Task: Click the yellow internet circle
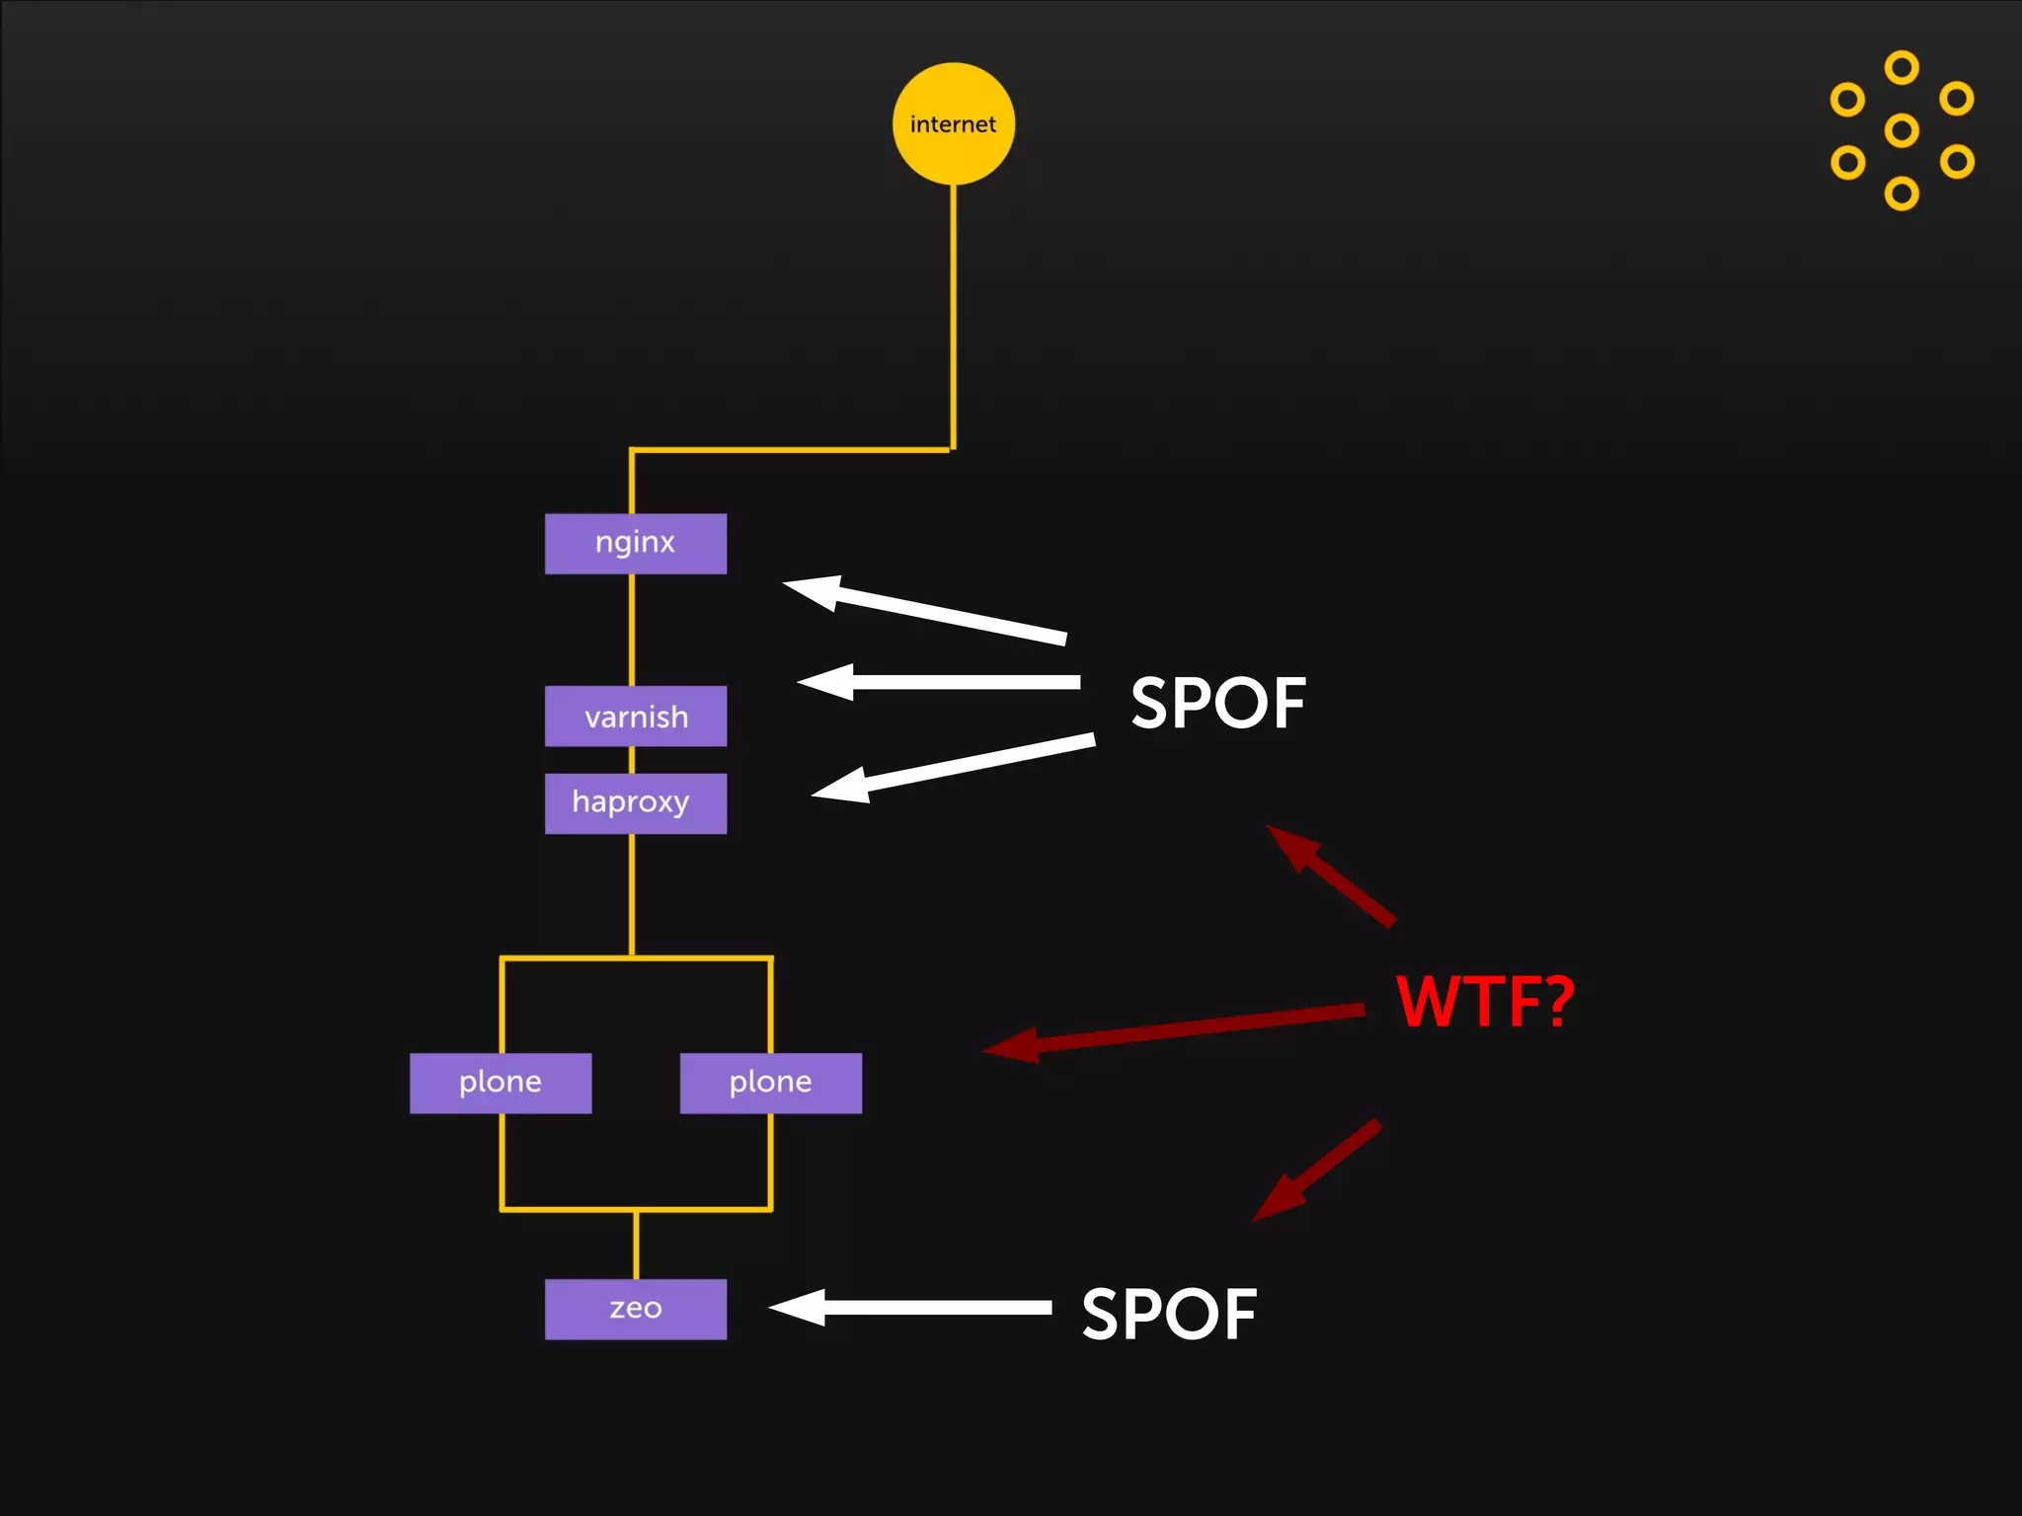coord(953,123)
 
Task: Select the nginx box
coord(635,543)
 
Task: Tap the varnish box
coord(635,716)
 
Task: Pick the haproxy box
coord(635,802)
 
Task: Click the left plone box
coord(501,1083)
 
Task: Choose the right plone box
coord(770,1083)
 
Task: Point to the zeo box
coord(635,1309)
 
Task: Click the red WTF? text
coord(1485,1002)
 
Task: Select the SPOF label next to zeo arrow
coord(1169,1315)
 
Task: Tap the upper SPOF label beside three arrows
coord(1218,704)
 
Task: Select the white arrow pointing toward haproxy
coord(953,768)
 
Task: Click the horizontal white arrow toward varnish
coord(938,682)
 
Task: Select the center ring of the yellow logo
coord(1902,130)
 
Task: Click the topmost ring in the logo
coord(1902,68)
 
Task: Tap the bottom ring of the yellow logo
coord(1902,193)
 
